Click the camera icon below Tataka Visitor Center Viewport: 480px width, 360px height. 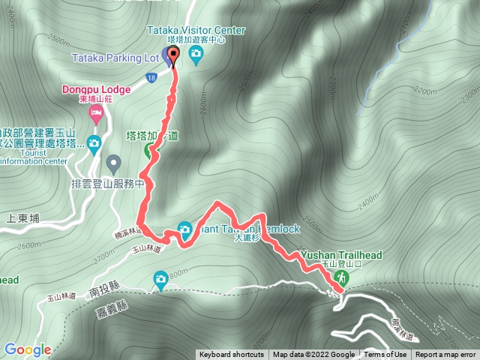tap(196, 52)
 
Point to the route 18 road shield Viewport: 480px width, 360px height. tap(151, 76)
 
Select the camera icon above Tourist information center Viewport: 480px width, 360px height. tap(94, 142)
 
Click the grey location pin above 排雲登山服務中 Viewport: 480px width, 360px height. tap(113, 162)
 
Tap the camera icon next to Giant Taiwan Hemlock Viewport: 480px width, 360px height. tap(184, 229)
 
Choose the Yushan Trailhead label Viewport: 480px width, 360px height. tap(341, 255)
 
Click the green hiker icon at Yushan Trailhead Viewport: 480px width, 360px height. tap(340, 278)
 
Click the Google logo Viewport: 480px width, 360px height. tap(27, 349)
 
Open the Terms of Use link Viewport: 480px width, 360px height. tap(385, 355)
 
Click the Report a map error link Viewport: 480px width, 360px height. tap(445, 355)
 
